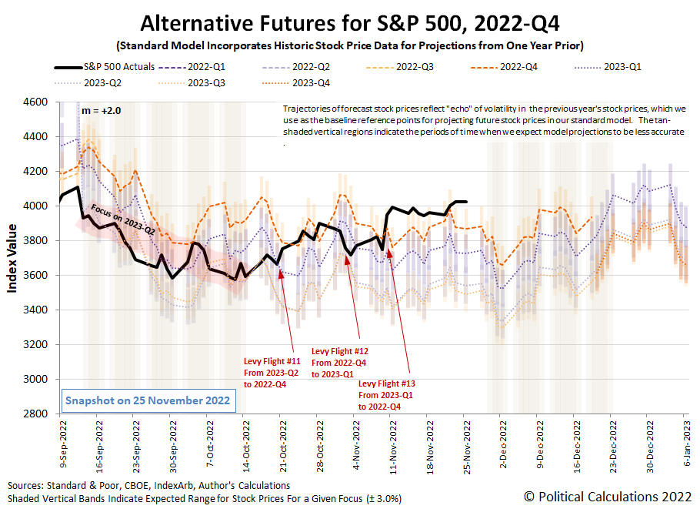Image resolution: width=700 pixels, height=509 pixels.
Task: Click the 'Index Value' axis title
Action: point(13,259)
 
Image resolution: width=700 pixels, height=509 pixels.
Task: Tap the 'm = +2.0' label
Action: point(102,111)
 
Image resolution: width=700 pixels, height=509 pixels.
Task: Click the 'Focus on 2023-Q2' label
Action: point(122,219)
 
